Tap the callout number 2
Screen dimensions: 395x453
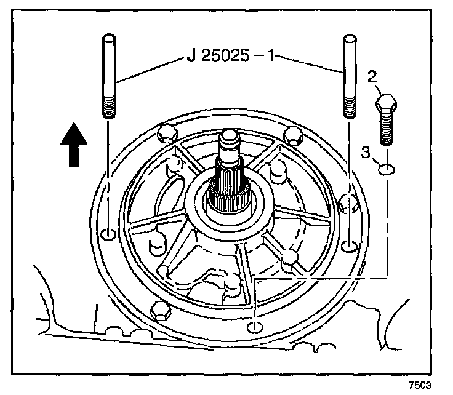(371, 77)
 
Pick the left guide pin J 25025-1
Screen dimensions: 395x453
(108, 77)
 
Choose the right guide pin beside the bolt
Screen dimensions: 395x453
(349, 77)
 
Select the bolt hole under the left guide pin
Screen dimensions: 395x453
(108, 234)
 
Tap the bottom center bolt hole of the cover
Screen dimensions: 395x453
(252, 326)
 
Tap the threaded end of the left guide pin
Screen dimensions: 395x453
(108, 106)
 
